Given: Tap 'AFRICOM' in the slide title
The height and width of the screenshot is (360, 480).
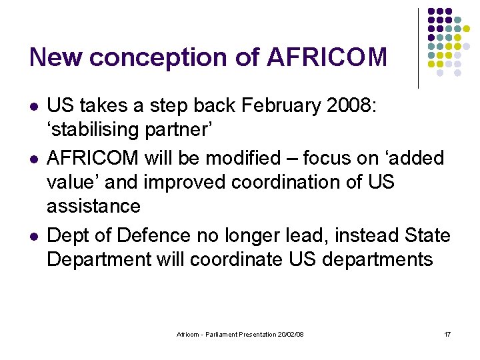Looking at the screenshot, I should [x=327, y=57].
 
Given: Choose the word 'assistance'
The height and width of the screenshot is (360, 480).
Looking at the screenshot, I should [x=93, y=206].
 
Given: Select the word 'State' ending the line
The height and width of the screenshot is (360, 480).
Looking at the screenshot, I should [x=428, y=235].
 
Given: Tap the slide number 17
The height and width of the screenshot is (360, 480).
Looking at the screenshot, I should [x=447, y=334].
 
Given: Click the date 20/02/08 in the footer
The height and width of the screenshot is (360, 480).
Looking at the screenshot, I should [x=289, y=334].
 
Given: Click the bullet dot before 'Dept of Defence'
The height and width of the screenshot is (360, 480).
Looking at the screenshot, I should [x=33, y=236].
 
